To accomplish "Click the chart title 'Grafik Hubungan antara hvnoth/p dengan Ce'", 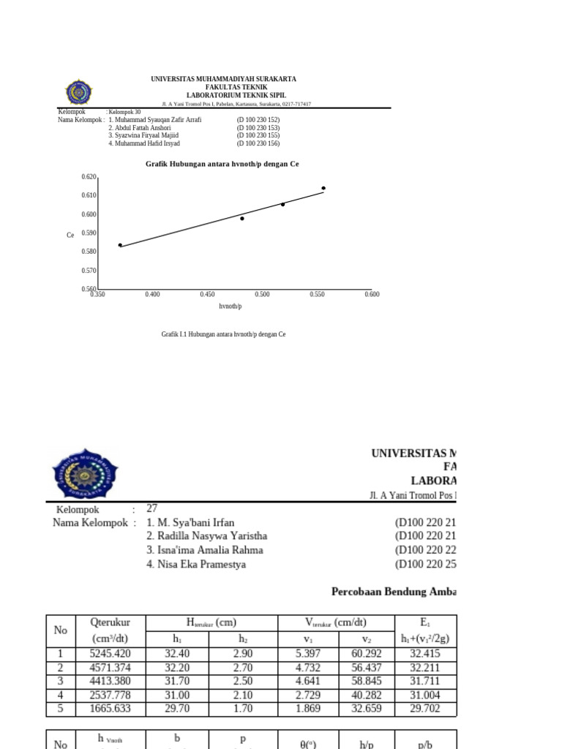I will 222,165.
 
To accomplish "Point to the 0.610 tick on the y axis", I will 89,195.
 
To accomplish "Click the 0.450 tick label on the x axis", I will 207,295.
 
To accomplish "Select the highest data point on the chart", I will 323,188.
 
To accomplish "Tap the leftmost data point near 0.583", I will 121,245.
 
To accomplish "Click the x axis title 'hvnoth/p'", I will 231,306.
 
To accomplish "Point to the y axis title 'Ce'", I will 70,235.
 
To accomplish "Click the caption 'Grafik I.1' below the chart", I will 223,334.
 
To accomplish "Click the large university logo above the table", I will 85,473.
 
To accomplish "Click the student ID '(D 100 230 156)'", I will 258,143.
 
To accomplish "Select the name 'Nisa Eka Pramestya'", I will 196,565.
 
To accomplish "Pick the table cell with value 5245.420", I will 110,654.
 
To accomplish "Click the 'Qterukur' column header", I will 110,622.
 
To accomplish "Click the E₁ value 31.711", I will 425,682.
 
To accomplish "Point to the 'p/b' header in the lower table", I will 425,744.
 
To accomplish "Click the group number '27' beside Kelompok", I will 152,508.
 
